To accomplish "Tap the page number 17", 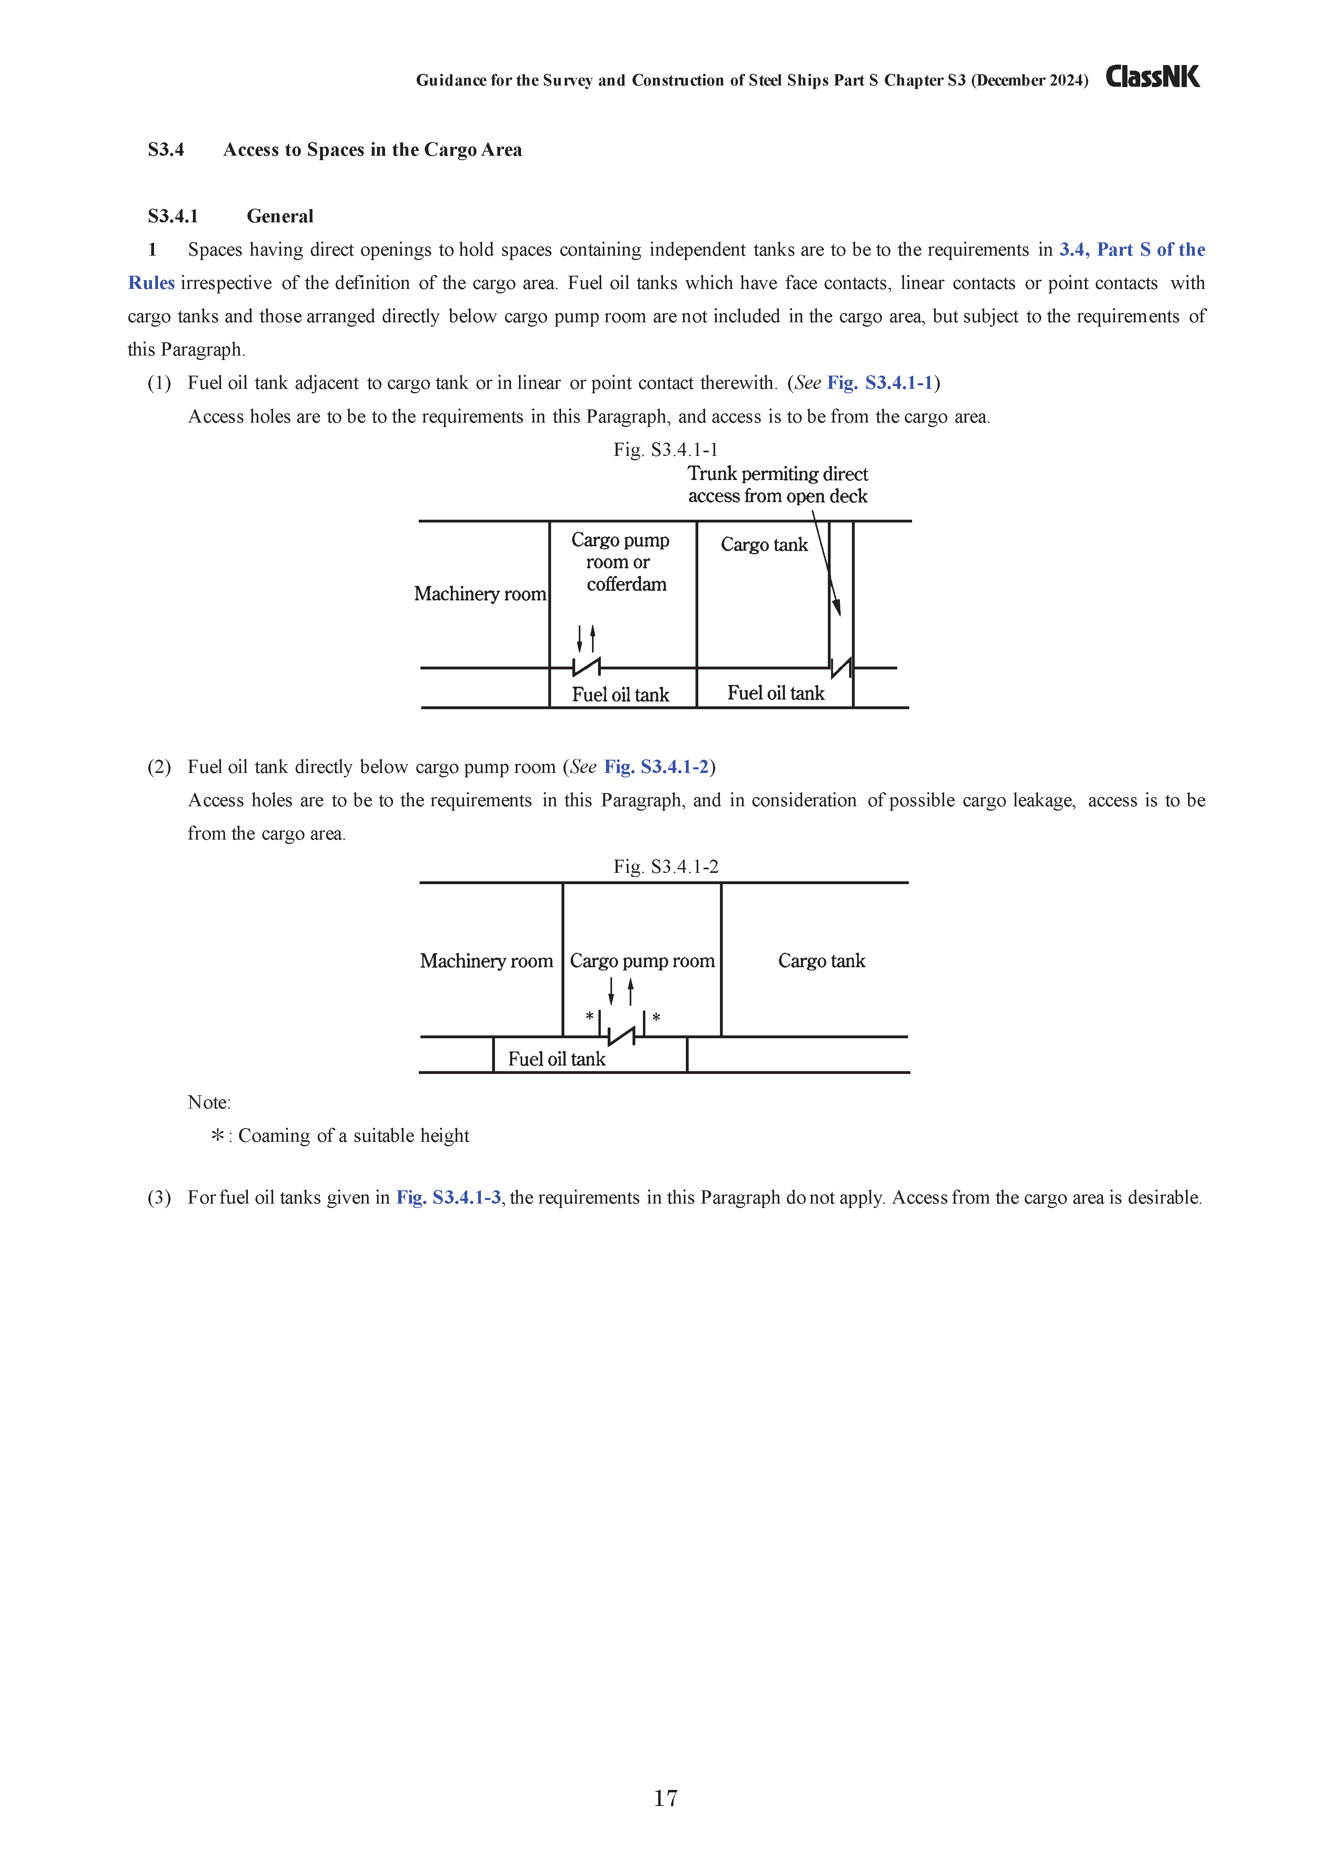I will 665,1798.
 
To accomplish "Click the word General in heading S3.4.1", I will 280,216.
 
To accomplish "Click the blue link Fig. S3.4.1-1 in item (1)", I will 880,382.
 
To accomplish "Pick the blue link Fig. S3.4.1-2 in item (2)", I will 656,767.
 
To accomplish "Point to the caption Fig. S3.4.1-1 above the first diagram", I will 665,450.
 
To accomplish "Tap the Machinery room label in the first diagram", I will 480,594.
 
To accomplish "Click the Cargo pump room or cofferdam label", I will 621,562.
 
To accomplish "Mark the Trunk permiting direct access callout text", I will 777,485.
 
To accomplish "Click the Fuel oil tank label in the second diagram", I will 556,1060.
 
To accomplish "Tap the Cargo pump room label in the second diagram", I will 642,961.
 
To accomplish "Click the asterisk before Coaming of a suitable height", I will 218,1136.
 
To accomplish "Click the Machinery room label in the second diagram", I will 487,961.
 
